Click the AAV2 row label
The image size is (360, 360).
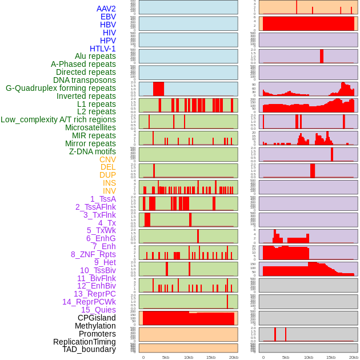(x=106, y=9)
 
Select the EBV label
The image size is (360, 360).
(x=108, y=17)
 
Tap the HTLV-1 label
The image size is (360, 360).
(x=102, y=49)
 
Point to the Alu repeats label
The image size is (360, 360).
(x=95, y=56)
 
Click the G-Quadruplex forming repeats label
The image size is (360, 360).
(x=61, y=88)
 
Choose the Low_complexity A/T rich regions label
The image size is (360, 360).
(x=58, y=119)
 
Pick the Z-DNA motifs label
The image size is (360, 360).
(x=92, y=151)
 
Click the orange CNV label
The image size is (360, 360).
(x=107, y=159)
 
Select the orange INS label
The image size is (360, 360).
(x=109, y=183)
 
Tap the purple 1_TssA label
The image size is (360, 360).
(x=103, y=199)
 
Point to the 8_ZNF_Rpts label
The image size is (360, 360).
(x=93, y=254)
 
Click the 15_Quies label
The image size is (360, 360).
(x=98, y=310)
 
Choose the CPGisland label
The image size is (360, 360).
(x=97, y=318)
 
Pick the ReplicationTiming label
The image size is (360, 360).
(x=84, y=342)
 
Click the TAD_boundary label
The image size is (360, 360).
(x=89, y=349)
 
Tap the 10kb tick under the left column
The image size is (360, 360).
(x=189, y=357)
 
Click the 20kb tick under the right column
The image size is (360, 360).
(x=354, y=357)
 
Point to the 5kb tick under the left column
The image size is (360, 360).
(x=166, y=357)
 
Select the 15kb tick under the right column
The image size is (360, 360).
(x=331, y=357)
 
